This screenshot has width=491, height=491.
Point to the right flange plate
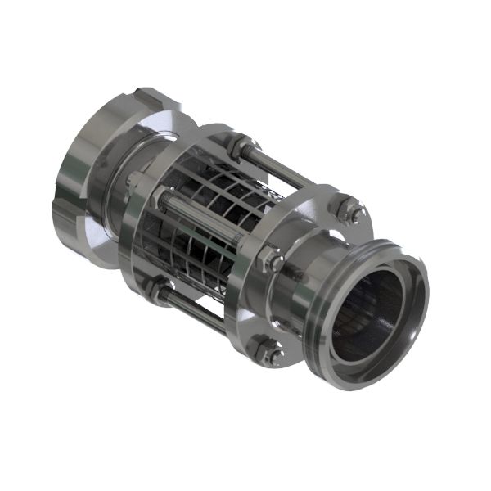click(307, 237)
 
